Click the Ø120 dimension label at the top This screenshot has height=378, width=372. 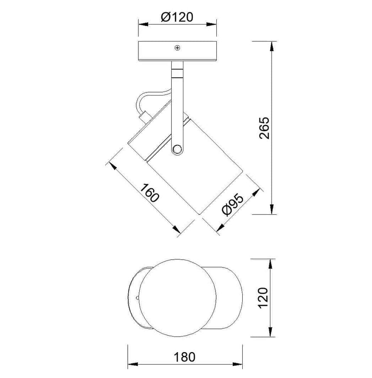tap(176, 17)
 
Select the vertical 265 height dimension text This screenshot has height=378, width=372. tap(264, 128)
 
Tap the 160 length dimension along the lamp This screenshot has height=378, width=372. tap(150, 195)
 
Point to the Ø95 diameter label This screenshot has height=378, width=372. tap(232, 204)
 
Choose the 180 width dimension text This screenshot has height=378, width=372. tap(185, 357)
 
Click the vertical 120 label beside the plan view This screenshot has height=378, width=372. tap(264, 298)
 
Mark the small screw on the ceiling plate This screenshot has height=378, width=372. tap(177, 48)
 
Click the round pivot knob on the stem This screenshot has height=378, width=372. tap(176, 149)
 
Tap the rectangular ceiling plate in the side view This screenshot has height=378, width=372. tap(177, 51)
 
